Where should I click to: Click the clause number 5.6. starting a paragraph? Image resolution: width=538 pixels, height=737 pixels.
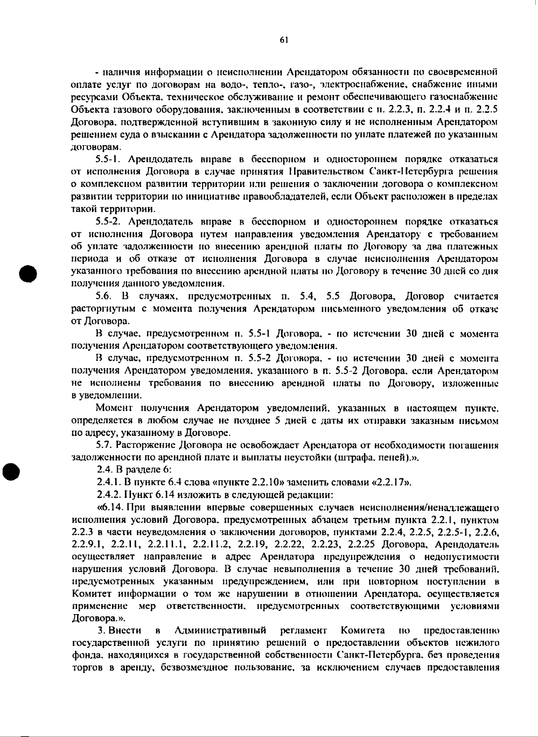pos(104,297)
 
